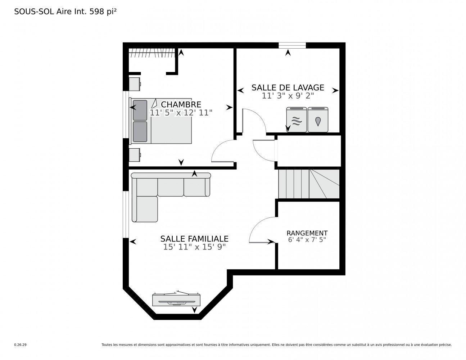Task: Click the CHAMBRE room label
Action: pos(181,104)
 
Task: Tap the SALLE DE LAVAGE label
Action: pos(288,87)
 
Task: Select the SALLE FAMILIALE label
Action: pos(194,239)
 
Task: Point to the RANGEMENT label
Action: pos(307,233)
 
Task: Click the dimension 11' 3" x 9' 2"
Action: pos(288,96)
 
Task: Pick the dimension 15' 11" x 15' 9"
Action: pos(194,247)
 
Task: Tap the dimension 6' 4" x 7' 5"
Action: pos(307,240)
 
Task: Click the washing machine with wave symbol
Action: pos(296,120)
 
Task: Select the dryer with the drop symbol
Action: pos(318,120)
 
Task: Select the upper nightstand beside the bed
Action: pos(135,84)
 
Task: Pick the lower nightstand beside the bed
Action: pos(135,155)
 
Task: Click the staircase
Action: pos(309,184)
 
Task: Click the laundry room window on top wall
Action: pos(292,45)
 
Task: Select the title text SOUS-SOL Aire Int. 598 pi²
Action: pos(65,12)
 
